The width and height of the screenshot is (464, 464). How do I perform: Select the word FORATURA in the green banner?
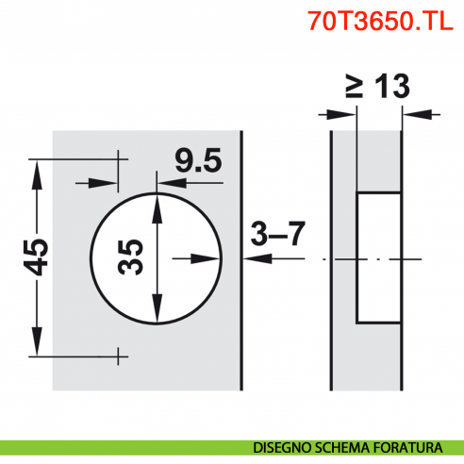pos(411,447)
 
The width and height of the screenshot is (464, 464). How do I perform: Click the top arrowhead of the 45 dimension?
pos(38,169)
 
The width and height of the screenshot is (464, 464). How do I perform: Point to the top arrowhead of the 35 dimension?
pos(157,203)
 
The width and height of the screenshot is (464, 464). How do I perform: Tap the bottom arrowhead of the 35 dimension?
pos(157,312)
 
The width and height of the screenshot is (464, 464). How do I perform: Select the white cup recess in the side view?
pos(377,256)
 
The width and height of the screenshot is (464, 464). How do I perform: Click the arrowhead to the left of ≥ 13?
pos(346,115)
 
